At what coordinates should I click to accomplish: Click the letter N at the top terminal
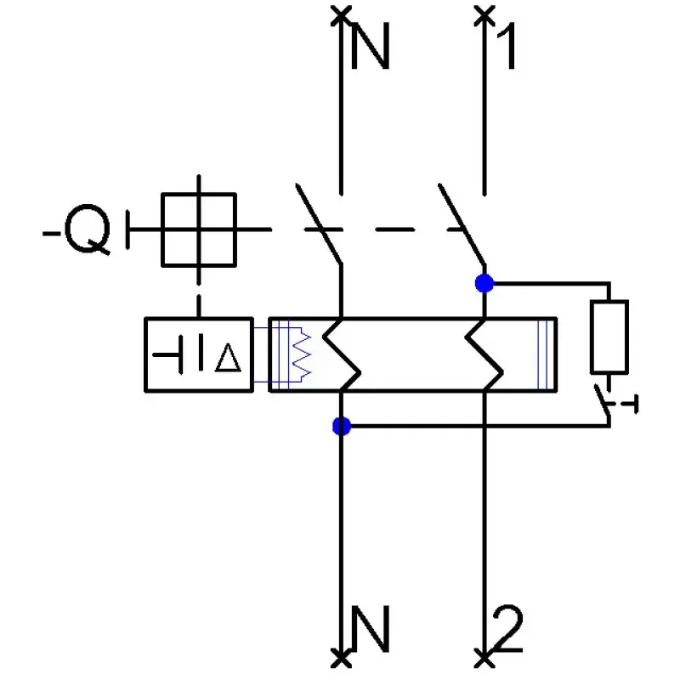pos(370,46)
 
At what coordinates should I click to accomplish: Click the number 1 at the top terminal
pos(507,46)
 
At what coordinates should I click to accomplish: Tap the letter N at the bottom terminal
pos(370,629)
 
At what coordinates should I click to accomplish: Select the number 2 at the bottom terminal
pos(507,628)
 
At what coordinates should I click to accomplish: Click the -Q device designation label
pos(76,229)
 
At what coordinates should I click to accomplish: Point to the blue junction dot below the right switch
pos(484,284)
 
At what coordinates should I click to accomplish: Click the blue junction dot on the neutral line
pos(342,427)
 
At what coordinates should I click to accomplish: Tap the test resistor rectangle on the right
pos(609,337)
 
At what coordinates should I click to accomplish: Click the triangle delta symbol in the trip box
pos(228,358)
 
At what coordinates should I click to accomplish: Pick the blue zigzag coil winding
pos(303,354)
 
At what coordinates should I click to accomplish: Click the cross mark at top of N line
pos(342,16)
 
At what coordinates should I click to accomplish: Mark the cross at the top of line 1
pos(484,16)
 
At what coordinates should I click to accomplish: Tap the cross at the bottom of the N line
pos(342,660)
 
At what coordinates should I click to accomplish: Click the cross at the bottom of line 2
pos(484,660)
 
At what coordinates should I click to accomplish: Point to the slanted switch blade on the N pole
pos(319,224)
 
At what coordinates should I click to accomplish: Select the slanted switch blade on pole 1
pos(462,224)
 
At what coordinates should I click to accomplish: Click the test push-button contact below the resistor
pos(603,400)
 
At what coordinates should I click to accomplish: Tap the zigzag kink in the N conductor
pos(342,355)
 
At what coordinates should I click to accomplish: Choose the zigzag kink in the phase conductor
pos(484,355)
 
